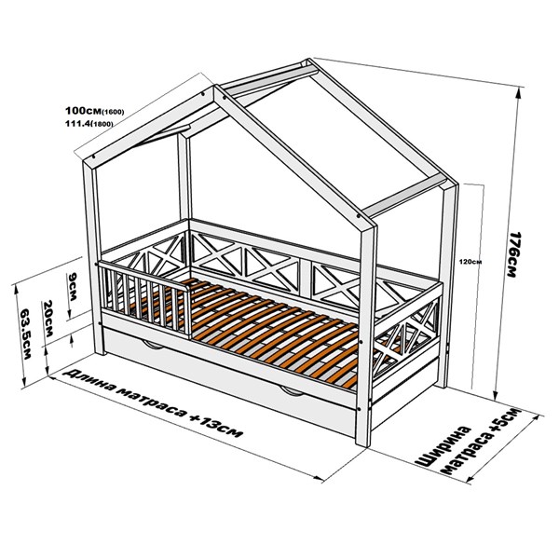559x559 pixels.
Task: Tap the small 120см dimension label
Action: (474, 262)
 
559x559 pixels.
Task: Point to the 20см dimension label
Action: (48, 319)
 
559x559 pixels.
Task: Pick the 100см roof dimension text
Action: (84, 110)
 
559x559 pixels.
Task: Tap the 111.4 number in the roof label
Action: (77, 123)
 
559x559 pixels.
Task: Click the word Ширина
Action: (444, 445)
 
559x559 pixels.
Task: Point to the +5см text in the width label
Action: (506, 423)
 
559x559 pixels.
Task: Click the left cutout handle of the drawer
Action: (153, 345)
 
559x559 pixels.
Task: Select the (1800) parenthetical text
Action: (102, 124)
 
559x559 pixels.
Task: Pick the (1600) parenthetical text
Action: (113, 112)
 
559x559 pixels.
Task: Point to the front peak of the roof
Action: (215, 87)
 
